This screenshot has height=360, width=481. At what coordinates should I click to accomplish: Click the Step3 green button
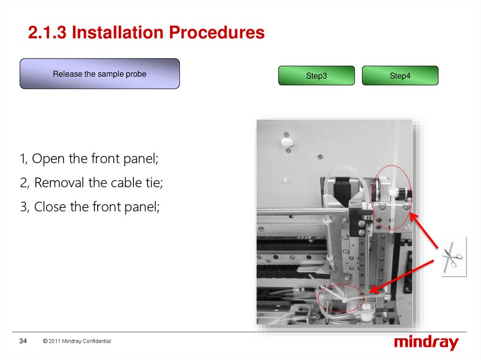point(316,76)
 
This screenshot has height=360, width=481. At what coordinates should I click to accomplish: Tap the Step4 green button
point(400,76)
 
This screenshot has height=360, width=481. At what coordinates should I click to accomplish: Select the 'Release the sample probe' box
point(100,74)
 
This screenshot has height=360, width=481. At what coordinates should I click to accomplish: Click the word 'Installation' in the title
point(117,32)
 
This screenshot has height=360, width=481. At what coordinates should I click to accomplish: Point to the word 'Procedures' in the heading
point(217,32)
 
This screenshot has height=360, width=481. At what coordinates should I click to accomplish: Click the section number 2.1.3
point(47,32)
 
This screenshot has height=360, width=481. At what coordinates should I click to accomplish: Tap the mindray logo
point(427,343)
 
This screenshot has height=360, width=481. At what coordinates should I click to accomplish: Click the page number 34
point(23,341)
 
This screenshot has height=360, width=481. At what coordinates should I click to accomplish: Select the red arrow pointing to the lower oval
point(402,276)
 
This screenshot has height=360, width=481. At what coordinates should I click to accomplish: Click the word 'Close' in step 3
point(50,207)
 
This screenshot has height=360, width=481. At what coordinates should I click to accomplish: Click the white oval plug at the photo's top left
point(287,142)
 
